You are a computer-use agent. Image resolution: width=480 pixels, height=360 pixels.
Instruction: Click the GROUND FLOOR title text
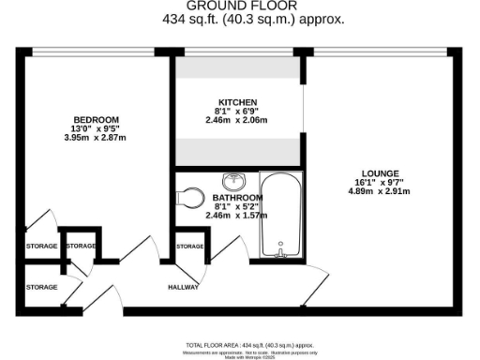coord(239,5)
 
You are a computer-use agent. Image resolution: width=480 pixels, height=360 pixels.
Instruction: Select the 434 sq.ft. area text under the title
coord(239,18)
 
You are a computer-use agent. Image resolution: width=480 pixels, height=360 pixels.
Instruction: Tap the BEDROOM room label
coord(97,119)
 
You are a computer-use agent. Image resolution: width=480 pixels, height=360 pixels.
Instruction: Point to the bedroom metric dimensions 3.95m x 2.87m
coord(97,138)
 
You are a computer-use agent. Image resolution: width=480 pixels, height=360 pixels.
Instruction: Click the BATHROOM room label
coord(236,198)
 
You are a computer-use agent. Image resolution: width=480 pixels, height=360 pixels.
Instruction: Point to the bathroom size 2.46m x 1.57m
coord(236,216)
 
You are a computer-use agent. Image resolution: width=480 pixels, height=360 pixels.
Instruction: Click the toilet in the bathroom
coord(191,197)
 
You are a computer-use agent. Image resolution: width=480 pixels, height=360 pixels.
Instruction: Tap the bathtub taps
coord(279,250)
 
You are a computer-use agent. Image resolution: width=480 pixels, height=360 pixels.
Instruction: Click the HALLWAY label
coord(184,287)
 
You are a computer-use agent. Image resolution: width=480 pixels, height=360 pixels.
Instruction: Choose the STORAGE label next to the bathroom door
coord(190,246)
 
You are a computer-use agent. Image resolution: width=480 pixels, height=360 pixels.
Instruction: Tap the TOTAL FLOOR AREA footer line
coord(239,344)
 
